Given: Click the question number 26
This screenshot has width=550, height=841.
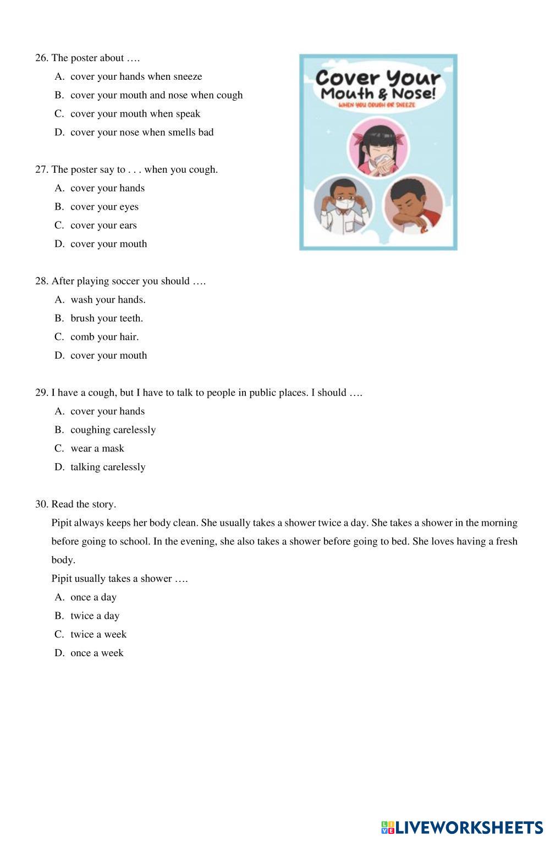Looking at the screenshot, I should coord(41,58).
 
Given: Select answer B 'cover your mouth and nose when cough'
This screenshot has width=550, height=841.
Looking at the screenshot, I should coord(156,95).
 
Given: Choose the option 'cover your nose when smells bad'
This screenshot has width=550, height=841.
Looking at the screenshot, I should coord(142,133).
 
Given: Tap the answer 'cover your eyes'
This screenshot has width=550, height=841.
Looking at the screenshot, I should coord(105,207).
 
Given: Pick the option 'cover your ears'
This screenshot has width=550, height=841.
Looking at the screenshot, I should coord(103,226).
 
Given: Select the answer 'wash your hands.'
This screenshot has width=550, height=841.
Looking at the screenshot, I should coord(108,300).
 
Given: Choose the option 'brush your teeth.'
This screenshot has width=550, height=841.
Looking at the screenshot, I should coord(107,318).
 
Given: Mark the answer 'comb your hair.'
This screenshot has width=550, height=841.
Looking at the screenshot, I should coord(105,337).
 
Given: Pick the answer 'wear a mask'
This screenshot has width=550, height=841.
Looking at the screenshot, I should coord(97,449).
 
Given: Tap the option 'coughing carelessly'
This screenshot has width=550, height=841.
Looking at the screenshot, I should coord(113,430).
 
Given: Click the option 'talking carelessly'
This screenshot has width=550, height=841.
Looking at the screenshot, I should coord(108,468).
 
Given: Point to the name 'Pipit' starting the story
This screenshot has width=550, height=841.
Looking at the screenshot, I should coord(62,523).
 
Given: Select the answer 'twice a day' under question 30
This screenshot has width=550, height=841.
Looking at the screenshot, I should coord(95,616).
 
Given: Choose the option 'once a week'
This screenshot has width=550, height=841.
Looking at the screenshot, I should coord(97,653).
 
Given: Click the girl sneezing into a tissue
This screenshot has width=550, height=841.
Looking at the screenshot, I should coord(377,146).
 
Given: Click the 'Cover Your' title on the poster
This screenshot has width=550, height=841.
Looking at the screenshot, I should coord(378,78).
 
